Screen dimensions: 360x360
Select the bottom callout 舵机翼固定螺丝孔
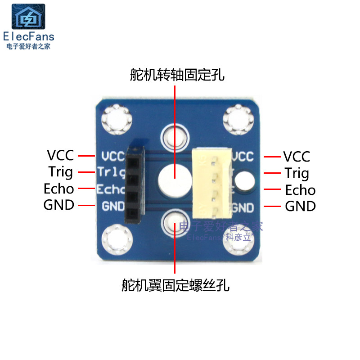(x=175, y=285)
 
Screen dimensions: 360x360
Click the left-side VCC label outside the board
(x=60, y=156)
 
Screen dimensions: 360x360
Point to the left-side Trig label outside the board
(x=60, y=172)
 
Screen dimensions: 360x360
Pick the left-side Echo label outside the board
(x=58, y=189)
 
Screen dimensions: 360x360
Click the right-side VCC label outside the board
(x=297, y=157)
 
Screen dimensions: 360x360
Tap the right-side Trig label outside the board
(x=297, y=173)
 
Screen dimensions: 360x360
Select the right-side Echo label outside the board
(x=300, y=189)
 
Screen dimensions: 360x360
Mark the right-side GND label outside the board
(x=300, y=206)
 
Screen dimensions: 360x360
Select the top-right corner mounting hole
(x=236, y=119)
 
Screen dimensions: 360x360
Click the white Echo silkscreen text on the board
(x=110, y=189)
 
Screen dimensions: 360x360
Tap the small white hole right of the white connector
(x=245, y=180)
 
